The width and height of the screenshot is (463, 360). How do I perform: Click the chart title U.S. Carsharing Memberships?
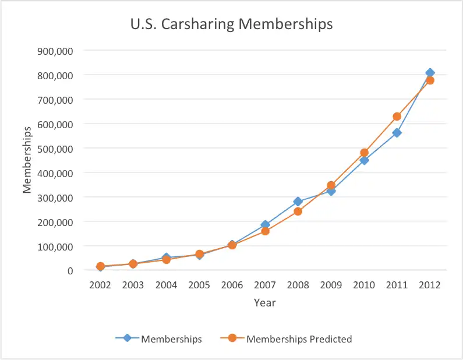coord(231,24)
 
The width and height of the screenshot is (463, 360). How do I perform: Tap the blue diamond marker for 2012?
coord(430,73)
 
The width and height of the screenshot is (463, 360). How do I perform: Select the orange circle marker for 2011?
coord(397,117)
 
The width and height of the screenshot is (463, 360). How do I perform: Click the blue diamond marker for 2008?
coord(298,202)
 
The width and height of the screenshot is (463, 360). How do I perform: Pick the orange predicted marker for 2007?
coord(265,231)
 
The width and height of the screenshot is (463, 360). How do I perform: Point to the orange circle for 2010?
coord(364,153)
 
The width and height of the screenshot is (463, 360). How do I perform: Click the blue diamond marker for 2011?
coord(397,133)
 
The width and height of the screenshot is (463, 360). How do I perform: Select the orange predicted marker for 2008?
coord(298,211)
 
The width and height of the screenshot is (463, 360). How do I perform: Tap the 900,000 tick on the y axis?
coord(54,51)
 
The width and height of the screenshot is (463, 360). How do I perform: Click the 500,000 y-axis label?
coord(54,149)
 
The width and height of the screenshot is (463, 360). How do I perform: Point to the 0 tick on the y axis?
coord(69,271)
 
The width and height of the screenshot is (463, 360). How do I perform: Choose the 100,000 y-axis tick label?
coord(54,246)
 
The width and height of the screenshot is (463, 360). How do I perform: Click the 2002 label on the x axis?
coord(100,285)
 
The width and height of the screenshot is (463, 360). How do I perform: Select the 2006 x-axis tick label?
coord(232,285)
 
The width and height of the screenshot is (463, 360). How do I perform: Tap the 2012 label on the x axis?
coord(430,285)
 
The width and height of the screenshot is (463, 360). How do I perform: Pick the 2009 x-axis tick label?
coord(331,285)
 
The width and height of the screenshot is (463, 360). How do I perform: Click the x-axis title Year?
coord(264,303)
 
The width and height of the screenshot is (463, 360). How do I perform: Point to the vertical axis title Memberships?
coord(27,160)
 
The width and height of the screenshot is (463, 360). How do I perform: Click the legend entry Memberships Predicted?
coord(299,338)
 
